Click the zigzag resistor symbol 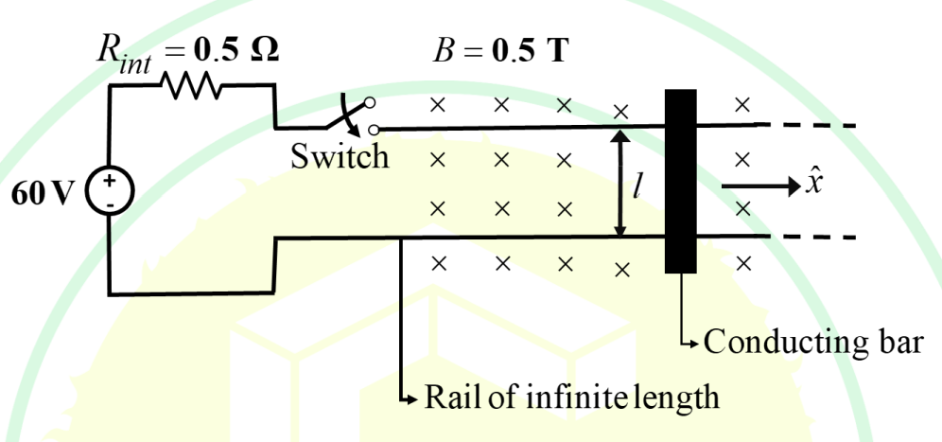coord(191,85)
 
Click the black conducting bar coord(681,181)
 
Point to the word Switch coord(340,156)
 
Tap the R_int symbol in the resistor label coord(124,55)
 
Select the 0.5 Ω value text coord(236,51)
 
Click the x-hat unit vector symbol coord(812,183)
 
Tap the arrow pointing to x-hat coord(760,187)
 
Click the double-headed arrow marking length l coord(620,183)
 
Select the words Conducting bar coord(812,343)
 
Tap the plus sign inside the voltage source coord(110,181)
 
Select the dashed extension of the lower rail coord(811,237)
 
